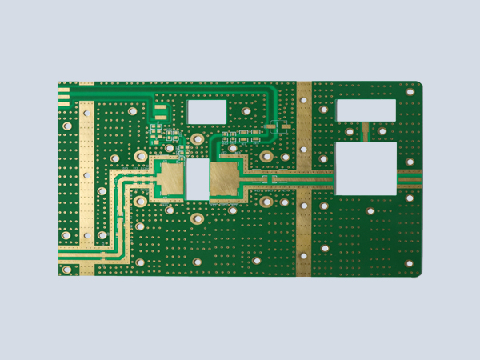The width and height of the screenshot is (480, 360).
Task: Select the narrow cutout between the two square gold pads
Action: [197, 178]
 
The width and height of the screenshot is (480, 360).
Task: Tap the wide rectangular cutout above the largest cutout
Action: [366, 109]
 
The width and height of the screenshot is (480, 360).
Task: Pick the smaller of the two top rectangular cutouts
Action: [206, 111]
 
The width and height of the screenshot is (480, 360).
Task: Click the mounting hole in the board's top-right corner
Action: [410, 92]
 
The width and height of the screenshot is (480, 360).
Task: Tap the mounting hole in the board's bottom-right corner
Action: [409, 264]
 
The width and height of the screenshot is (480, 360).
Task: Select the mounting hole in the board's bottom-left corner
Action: [66, 270]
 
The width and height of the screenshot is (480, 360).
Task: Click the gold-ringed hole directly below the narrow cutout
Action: [196, 218]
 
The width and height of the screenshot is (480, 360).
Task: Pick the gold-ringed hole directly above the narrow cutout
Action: [197, 140]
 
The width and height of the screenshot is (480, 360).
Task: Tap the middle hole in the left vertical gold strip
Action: [86, 174]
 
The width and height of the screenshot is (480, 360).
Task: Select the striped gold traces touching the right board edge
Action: [410, 178]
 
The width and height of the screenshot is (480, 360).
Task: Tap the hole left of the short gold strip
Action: [350, 131]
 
